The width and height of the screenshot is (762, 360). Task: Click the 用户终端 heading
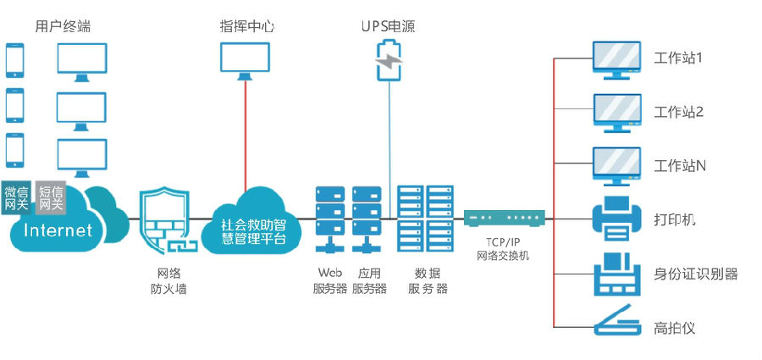(63, 26)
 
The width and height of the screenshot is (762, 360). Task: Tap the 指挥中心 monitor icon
(245, 60)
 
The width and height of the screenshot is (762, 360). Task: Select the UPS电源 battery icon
(389, 60)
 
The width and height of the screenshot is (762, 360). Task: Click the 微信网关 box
(16, 197)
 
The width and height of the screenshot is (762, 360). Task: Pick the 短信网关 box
(51, 197)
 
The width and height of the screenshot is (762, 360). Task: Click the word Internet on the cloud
(58, 230)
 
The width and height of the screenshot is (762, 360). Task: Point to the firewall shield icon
(165, 221)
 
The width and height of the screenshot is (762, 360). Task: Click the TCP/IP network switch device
(503, 219)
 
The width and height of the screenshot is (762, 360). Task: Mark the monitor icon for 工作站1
(616, 60)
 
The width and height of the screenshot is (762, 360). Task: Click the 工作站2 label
(679, 113)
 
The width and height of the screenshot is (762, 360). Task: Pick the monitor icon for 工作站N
(616, 165)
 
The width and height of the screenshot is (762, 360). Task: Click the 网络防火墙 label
(168, 281)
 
